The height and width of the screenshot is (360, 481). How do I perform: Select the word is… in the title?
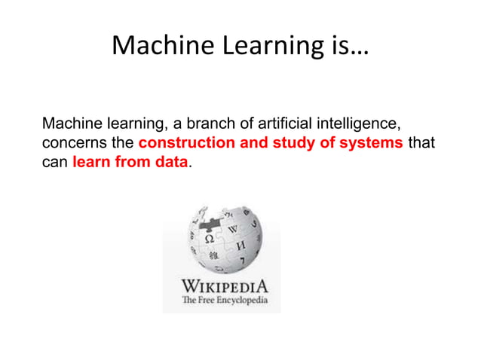[x=343, y=47]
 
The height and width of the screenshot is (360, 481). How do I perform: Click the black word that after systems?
[x=421, y=142]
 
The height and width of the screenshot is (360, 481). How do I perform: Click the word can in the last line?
[x=55, y=162]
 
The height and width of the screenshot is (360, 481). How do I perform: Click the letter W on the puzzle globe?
[x=232, y=227]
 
